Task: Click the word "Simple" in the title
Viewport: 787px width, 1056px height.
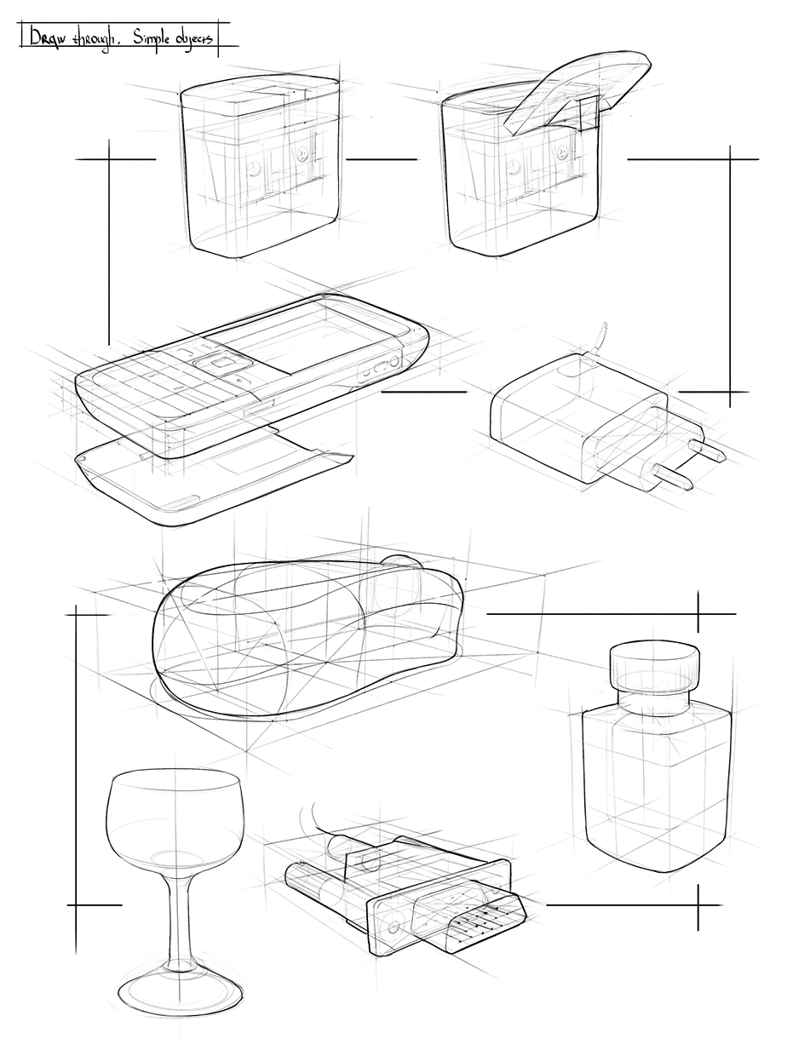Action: (x=150, y=37)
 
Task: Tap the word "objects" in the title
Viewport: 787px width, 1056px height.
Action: (x=195, y=38)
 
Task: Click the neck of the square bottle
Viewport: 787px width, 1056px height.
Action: (x=654, y=703)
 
